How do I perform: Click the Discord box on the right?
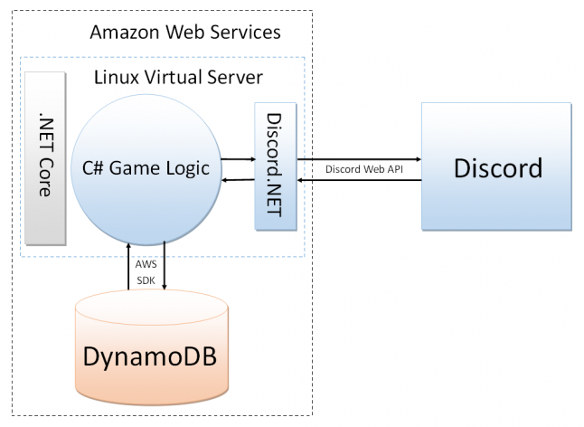point(497,167)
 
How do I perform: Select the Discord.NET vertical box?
point(276,167)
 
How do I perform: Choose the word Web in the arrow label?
point(366,169)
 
